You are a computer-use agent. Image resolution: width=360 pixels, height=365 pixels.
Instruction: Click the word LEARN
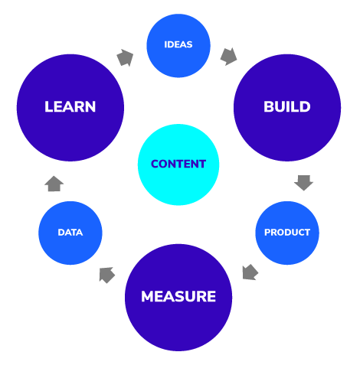(x=70, y=106)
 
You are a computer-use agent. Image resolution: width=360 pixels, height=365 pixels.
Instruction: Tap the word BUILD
(x=286, y=106)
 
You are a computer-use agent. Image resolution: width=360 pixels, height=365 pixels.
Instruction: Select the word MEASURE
(x=178, y=296)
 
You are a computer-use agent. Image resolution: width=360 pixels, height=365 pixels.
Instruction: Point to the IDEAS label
(x=178, y=44)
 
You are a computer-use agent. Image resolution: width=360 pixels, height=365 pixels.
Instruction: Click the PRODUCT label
(x=286, y=233)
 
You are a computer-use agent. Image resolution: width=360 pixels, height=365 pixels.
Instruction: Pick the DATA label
(x=70, y=233)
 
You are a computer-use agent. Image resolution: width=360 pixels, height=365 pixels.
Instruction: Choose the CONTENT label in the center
(x=178, y=164)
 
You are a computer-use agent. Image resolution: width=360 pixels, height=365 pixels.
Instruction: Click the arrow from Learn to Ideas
(x=123, y=57)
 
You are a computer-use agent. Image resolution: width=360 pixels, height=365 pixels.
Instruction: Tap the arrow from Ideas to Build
(x=228, y=56)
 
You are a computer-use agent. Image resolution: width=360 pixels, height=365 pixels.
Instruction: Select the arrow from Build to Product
(x=304, y=183)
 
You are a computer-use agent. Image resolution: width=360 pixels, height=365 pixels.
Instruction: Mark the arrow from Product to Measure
(x=250, y=272)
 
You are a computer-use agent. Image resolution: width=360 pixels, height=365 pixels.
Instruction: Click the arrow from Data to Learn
(x=54, y=183)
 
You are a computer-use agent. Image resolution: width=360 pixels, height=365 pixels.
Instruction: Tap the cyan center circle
(x=178, y=180)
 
